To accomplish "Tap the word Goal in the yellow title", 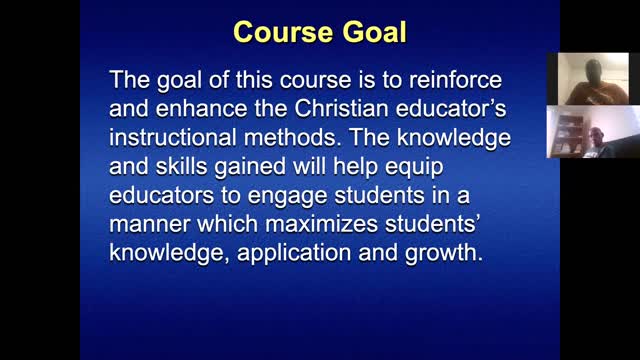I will click(372, 32).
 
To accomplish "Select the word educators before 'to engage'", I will click(161, 184).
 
